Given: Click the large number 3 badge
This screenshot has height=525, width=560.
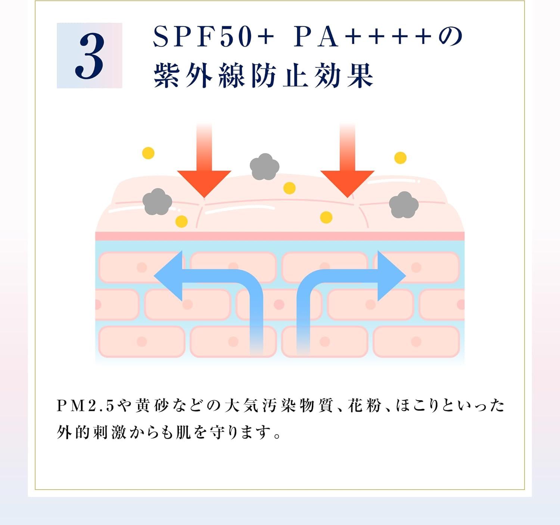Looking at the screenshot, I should click(x=90, y=56).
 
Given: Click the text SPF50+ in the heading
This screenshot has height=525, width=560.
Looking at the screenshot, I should click(x=213, y=37).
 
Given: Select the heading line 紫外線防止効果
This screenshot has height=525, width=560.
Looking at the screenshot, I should click(x=264, y=76).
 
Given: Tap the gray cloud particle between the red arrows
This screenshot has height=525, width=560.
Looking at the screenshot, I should click(x=265, y=166).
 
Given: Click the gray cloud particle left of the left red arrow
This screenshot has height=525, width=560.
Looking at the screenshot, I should click(x=157, y=202).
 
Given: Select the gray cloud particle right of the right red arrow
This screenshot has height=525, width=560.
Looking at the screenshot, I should click(x=404, y=205).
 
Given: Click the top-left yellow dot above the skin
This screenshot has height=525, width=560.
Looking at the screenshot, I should click(x=148, y=153).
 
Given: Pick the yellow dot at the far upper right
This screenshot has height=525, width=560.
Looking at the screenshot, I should click(x=400, y=158).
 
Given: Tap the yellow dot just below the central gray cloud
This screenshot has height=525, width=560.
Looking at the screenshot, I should click(x=289, y=188).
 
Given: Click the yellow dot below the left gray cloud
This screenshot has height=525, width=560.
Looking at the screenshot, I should click(x=181, y=221).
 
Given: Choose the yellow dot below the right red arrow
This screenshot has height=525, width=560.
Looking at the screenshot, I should click(x=326, y=217).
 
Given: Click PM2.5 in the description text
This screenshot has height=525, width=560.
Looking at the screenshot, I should click(x=85, y=406).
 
